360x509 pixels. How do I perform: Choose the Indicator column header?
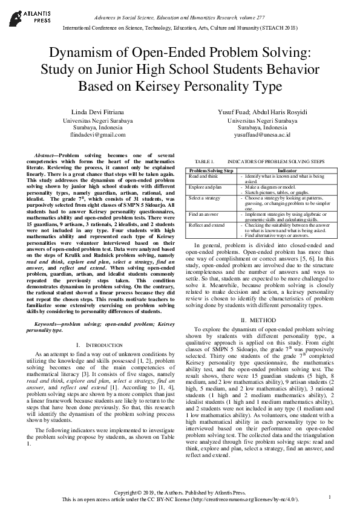286,171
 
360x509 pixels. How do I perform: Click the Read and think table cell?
203,176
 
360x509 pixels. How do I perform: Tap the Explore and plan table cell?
206,187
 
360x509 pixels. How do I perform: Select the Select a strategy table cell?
205,198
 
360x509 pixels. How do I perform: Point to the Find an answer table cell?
204,214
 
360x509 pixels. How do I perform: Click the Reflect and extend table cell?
206,225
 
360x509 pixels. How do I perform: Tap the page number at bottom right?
330,496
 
